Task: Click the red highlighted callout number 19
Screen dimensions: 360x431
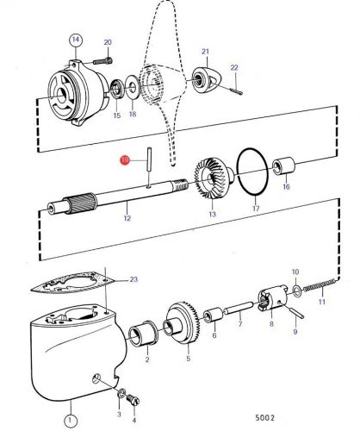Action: coord(125,160)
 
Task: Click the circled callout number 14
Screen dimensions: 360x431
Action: coord(76,40)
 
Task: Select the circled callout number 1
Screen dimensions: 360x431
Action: coord(71,421)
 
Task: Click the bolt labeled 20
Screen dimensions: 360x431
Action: coord(102,61)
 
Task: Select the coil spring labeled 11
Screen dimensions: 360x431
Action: coord(320,285)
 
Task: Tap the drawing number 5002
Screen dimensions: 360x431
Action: coord(265,417)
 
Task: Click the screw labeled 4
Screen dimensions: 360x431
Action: coord(133,400)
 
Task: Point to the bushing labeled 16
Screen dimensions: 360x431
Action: coord(284,166)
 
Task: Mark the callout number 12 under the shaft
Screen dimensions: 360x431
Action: coord(127,218)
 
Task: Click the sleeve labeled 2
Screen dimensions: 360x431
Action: coord(143,333)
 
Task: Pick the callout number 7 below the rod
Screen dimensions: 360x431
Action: coord(240,324)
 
